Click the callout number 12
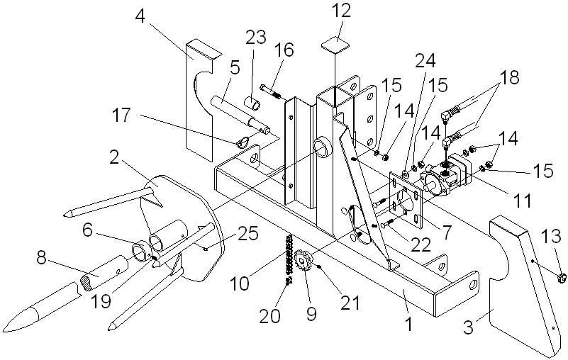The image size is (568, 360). tap(341, 11)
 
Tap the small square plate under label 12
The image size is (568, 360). tap(335, 46)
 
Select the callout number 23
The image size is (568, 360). tap(256, 38)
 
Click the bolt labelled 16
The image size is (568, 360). tap(271, 92)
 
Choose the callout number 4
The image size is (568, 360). tap(140, 16)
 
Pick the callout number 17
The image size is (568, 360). tap(121, 116)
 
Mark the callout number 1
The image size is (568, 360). tap(409, 323)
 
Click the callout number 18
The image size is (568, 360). tap(508, 78)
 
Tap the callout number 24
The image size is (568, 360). tap(425, 61)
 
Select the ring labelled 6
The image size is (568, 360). tap(140, 252)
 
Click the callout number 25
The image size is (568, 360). tap(247, 234)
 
